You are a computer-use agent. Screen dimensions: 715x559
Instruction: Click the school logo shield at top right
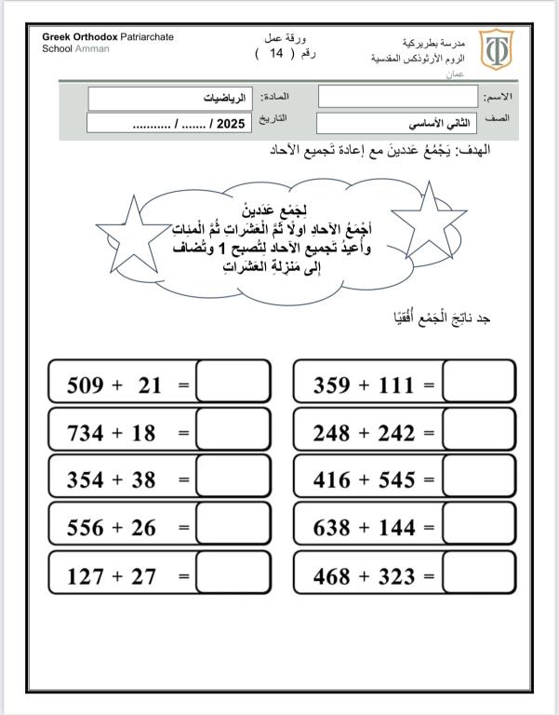[x=494, y=49]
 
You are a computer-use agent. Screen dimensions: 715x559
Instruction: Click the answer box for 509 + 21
[x=233, y=384]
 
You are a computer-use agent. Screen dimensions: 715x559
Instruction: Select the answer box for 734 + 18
[x=233, y=432]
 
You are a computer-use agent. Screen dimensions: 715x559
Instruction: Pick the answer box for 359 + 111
[x=478, y=384]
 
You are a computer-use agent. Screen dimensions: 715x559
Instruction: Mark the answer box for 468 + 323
[x=478, y=574]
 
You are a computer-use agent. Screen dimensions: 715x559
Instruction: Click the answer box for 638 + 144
[x=478, y=527]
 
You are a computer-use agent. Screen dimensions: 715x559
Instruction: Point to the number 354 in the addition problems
[x=86, y=480]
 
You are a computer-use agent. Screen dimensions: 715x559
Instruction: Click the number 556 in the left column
[x=86, y=528]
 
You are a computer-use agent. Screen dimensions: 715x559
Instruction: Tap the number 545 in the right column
[x=396, y=480]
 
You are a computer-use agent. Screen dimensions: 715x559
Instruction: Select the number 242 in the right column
[x=396, y=433]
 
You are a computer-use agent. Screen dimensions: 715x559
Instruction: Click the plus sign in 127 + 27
[x=117, y=576]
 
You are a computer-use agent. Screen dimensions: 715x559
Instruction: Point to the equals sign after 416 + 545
[x=429, y=480]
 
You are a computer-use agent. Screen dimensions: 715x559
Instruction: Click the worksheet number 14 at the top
[x=275, y=53]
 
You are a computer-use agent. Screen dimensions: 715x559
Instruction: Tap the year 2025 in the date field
[x=228, y=122]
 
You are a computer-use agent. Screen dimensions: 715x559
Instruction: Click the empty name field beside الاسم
[x=396, y=97]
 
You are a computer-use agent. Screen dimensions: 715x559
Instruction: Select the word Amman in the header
[x=92, y=48]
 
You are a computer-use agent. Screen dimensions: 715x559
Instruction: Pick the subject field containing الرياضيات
[x=173, y=98]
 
